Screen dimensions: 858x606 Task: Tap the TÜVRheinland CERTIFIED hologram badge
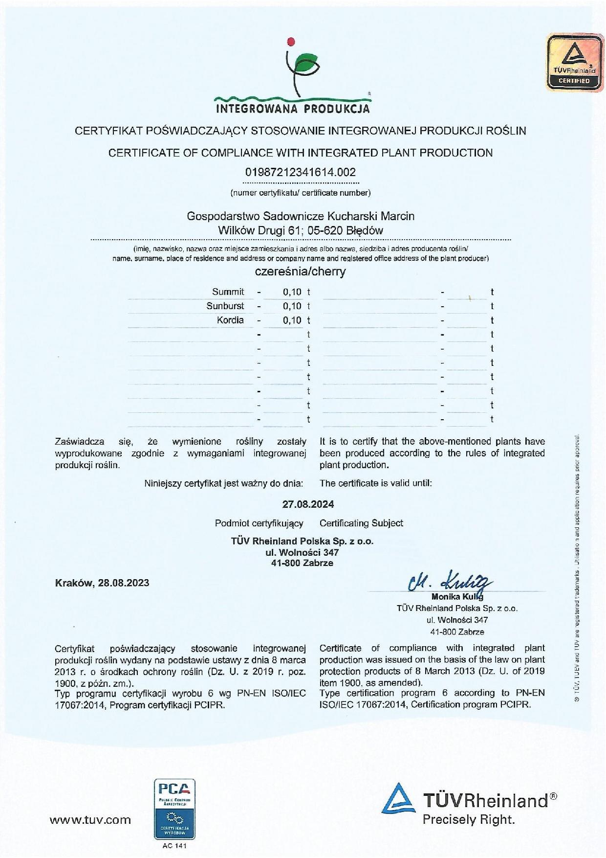(574, 62)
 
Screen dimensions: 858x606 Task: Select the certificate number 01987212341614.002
(300, 172)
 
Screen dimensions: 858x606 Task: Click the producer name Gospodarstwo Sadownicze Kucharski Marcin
(301, 216)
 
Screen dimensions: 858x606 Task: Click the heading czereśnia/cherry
(300, 272)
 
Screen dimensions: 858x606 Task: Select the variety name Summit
(228, 292)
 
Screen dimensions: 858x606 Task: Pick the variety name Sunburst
(225, 306)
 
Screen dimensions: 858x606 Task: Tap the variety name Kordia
(230, 320)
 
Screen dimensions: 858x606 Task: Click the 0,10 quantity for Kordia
(292, 320)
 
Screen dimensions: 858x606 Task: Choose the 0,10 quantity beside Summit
(292, 292)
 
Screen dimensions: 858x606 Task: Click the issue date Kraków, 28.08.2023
(102, 583)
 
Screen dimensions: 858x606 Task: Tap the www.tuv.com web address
(90, 820)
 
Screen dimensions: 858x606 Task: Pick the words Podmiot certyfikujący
(259, 523)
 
